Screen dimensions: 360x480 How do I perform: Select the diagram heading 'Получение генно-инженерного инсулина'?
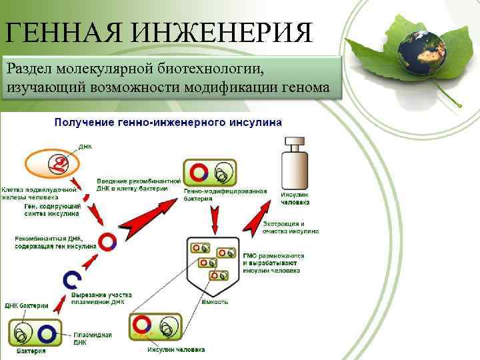click(x=168, y=123)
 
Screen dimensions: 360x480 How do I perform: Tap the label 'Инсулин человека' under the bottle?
click(x=294, y=198)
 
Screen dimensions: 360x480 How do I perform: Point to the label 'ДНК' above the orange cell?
click(x=85, y=145)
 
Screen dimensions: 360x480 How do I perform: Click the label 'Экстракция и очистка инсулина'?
click(x=290, y=227)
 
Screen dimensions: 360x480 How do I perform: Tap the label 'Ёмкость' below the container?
click(x=215, y=302)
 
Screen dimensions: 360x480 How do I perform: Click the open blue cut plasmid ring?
click(x=72, y=280)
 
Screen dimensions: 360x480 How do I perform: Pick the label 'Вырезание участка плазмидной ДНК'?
click(x=101, y=297)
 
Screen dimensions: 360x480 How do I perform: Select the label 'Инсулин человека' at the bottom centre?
click(x=176, y=349)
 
